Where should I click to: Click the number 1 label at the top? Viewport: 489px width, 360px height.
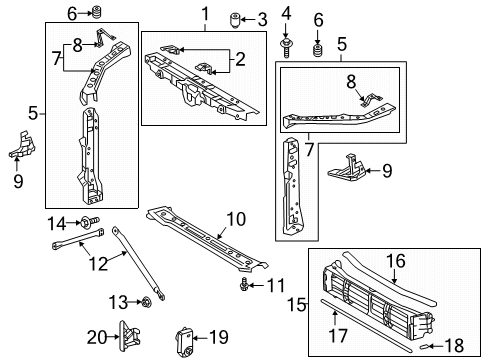coord(205,14)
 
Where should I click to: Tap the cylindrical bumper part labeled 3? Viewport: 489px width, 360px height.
coord(235,20)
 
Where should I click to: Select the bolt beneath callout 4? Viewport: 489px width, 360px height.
coord(286,48)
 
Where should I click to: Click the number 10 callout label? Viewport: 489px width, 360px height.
coord(236,219)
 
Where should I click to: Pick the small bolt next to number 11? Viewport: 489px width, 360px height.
coord(244,285)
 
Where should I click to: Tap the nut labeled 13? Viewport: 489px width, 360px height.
coord(146,302)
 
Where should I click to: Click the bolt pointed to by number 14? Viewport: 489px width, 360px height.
coord(89,221)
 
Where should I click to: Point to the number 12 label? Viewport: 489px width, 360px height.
coord(98,264)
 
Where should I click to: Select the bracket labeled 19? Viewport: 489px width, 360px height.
coord(185,342)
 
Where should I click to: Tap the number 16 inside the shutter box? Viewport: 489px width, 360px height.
coord(396,261)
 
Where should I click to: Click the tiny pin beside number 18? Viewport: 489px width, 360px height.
coord(422,347)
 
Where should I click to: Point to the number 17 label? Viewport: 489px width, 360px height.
coord(338,335)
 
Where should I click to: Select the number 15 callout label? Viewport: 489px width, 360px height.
coord(297,304)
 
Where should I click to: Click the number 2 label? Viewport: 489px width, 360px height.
coord(240,59)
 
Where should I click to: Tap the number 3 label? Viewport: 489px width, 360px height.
coord(263,20)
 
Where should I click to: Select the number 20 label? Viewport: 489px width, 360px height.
coord(97,337)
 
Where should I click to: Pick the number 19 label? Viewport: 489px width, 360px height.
coord(219,337)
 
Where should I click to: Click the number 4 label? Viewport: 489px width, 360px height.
coord(286,14)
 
